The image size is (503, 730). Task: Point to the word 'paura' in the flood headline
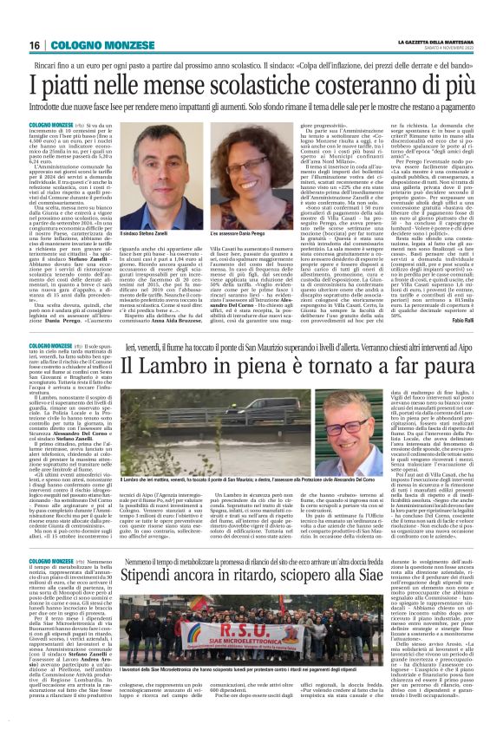[384, 366]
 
